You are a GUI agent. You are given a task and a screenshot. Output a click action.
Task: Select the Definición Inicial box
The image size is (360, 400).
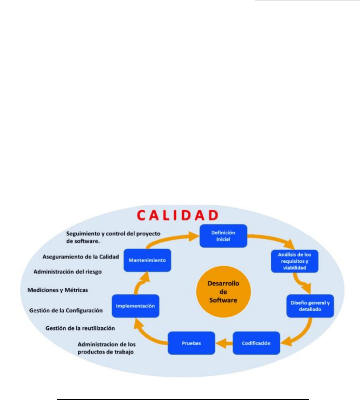tap(223, 236)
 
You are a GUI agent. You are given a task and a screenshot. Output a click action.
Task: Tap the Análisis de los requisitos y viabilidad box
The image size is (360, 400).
tap(294, 261)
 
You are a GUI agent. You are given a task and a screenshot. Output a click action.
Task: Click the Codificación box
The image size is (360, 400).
tap(256, 343)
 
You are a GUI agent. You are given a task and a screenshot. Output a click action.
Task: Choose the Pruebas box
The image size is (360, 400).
tap(191, 343)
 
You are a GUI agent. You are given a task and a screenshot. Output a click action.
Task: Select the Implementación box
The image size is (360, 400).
tap(135, 306)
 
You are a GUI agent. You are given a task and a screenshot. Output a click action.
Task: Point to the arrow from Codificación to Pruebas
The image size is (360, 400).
tap(224, 343)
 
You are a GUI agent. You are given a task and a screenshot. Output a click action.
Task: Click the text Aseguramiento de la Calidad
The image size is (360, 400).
tap(81, 257)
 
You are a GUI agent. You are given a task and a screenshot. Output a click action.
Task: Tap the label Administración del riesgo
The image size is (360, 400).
tap(68, 272)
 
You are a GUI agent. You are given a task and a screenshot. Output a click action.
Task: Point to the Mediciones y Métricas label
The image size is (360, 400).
tap(58, 290)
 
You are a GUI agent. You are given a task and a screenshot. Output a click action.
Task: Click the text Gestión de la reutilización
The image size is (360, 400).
tap(80, 327)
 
